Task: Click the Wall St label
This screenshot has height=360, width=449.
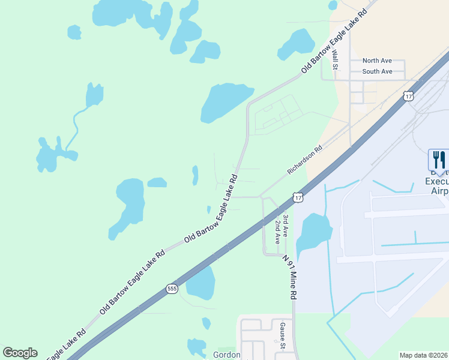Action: point(335,59)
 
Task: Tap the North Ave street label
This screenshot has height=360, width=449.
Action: point(377,61)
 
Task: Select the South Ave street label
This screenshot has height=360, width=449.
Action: point(377,71)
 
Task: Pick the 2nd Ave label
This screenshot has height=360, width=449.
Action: point(278,231)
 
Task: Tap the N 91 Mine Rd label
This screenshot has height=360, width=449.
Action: point(290,278)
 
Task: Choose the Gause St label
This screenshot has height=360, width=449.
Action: point(282,335)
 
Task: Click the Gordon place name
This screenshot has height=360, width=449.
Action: point(227,355)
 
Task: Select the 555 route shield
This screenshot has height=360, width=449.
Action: point(172,289)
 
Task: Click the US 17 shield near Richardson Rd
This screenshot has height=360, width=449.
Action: point(298,197)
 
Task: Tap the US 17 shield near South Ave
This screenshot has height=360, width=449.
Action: point(409,96)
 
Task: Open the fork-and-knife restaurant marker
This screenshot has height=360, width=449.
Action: point(438,160)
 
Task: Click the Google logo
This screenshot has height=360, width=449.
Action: point(20,353)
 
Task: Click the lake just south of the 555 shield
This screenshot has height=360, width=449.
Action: point(200,283)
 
